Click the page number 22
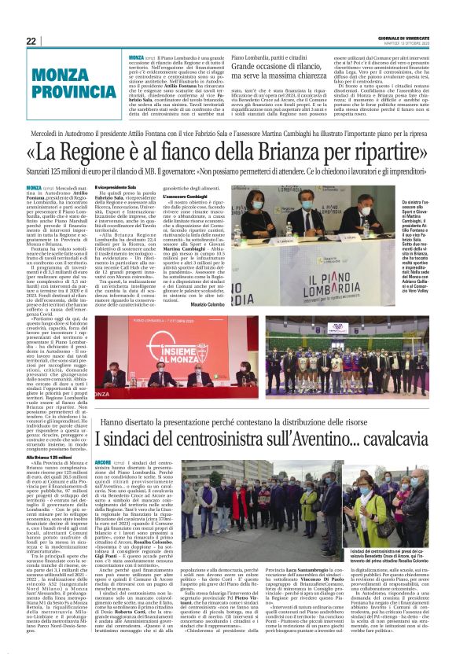pyautogui.click(x=31, y=41)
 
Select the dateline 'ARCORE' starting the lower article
pyautogui.click(x=101, y=462)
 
